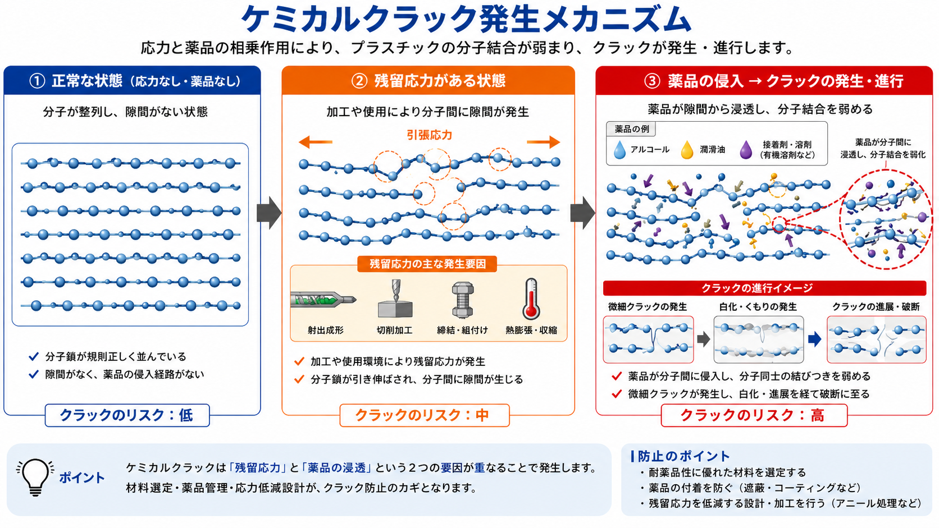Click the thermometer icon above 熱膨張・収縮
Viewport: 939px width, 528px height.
531,300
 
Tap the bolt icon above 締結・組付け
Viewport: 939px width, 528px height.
463,300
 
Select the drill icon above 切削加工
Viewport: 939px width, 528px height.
395,299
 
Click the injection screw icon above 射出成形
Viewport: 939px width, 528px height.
323,300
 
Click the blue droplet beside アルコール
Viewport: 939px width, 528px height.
619,149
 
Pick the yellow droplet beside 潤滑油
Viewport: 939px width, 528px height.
687,149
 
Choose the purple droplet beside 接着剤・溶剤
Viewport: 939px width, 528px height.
746,149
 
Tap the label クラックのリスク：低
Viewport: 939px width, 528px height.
127,415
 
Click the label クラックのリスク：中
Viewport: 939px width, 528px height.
424,415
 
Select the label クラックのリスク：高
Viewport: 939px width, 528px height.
754,415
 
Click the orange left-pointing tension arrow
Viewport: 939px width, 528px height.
315,142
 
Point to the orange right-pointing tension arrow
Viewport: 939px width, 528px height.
543,142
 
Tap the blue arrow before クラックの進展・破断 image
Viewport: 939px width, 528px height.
814,339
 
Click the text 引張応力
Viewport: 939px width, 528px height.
429,135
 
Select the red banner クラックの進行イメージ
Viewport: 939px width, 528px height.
764,288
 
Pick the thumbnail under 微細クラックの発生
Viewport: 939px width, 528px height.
648,339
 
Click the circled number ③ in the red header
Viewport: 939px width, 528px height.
652,80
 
